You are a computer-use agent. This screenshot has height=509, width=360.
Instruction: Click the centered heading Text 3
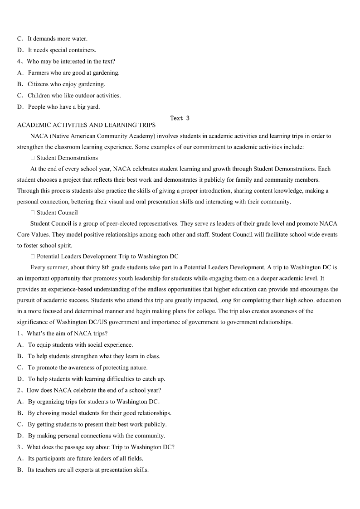pos(180,118)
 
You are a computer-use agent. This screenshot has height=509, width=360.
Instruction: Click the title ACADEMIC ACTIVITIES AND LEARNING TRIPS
pos(86,125)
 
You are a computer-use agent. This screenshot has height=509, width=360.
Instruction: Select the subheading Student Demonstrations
pos(67,158)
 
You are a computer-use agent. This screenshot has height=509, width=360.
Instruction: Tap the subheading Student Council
pos(57,213)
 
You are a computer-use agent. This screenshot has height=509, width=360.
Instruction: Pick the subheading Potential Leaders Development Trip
pos(107,257)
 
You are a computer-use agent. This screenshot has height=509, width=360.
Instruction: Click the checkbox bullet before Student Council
pos(33,213)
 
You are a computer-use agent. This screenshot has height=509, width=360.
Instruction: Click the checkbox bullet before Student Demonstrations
pos(33,158)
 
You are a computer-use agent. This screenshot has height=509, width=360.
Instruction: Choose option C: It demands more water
pos(57,39)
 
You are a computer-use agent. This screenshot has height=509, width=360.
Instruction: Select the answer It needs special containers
pos(62,50)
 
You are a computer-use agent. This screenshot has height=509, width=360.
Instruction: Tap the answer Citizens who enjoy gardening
pos(66,84)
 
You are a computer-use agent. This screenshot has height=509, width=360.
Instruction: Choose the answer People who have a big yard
pos(63,107)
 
